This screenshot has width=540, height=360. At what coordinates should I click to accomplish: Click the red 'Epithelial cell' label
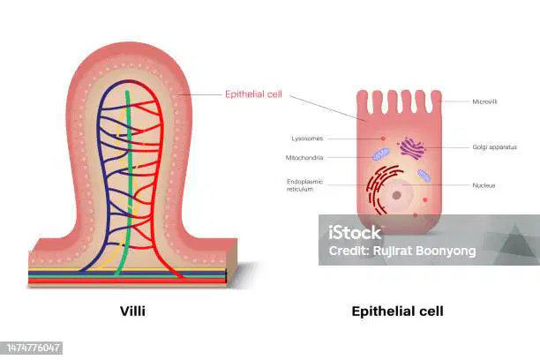[253, 94]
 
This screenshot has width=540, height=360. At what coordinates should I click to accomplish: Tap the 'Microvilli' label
[484, 101]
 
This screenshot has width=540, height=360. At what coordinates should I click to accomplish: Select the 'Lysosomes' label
[307, 139]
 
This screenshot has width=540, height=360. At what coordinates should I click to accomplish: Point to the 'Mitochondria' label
[304, 157]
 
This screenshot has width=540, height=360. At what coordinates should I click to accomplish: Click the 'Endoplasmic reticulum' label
[304, 185]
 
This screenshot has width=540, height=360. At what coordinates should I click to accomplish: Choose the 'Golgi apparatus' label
[494, 147]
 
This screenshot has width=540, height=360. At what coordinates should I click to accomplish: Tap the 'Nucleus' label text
[484, 185]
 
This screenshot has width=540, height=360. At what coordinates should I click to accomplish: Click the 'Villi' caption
[132, 311]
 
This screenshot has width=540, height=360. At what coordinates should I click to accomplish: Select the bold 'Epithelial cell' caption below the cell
[397, 311]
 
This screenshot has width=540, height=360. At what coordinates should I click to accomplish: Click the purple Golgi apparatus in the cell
[411, 148]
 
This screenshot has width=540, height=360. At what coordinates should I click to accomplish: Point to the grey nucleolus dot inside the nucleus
[397, 195]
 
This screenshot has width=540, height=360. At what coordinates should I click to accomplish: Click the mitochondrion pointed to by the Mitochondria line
[381, 154]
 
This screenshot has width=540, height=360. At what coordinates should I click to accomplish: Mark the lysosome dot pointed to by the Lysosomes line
[383, 139]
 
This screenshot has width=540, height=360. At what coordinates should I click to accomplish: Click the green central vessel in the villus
[128, 183]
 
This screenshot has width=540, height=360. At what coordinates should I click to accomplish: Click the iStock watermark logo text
[355, 233]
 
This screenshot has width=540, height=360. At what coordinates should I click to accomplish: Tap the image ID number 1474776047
[33, 348]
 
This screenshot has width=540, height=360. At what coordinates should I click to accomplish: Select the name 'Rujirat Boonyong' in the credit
[424, 251]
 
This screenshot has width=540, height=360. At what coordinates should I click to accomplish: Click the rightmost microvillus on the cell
[437, 101]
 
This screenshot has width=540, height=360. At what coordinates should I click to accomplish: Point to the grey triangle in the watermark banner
[514, 240]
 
